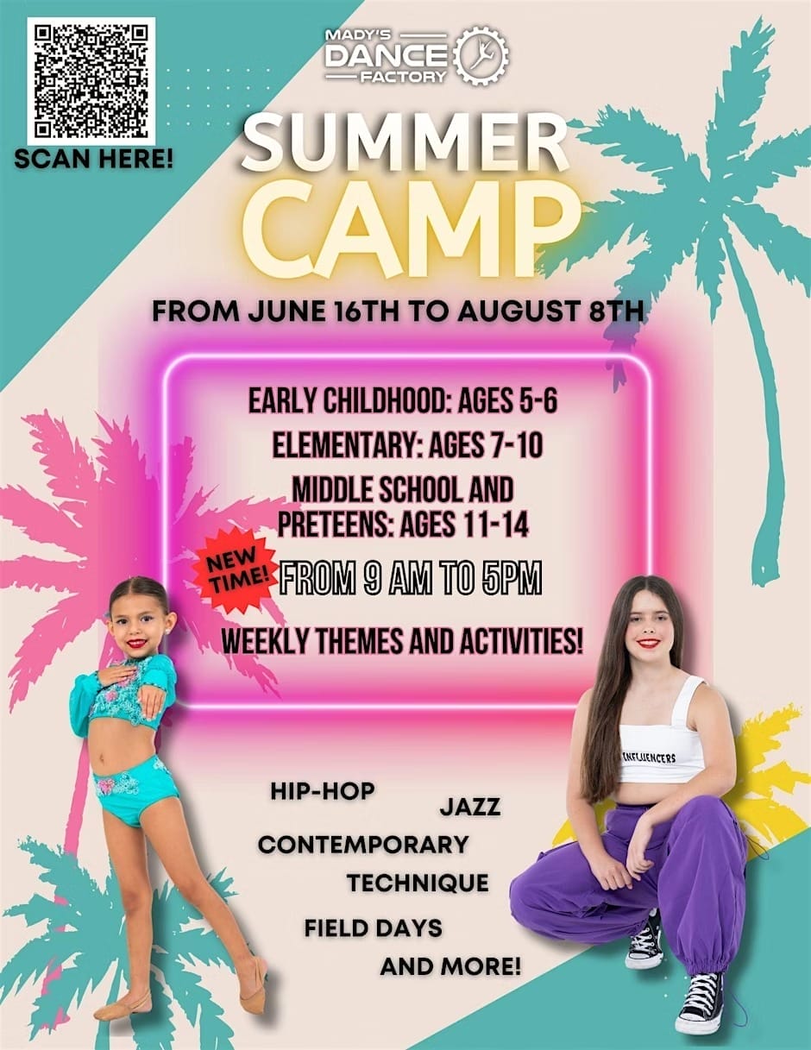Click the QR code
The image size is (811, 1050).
(x=91, y=81)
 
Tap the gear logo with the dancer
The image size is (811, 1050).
(x=482, y=55)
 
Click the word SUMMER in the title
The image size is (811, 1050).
(x=405, y=144)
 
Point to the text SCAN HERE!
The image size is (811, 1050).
(x=93, y=160)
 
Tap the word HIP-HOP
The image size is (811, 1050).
(x=323, y=790)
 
